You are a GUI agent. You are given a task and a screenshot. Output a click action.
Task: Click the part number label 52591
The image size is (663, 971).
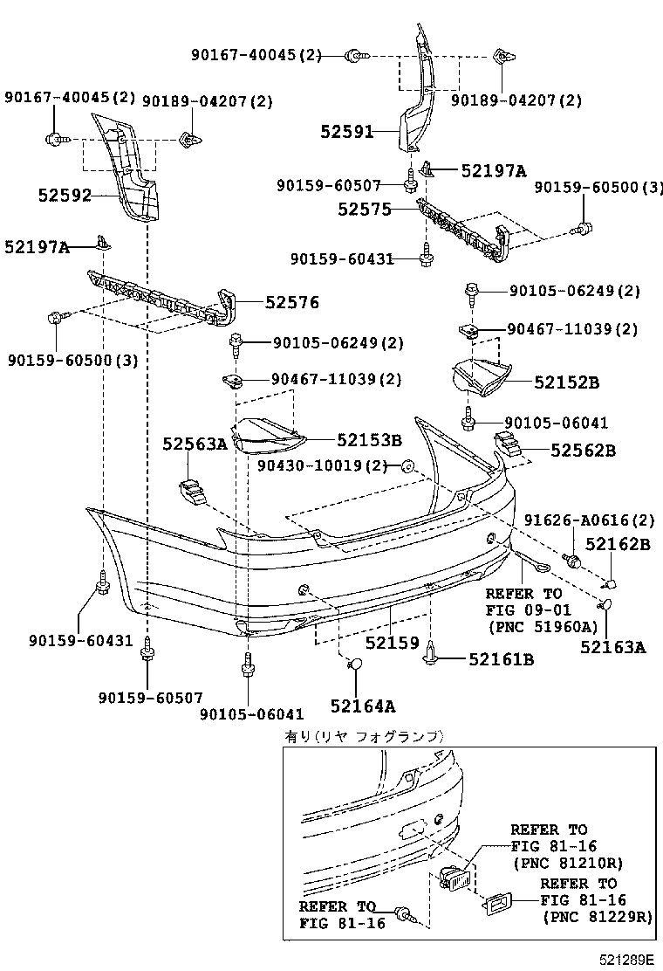click(346, 133)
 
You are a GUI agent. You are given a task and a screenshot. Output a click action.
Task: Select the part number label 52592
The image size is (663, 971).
click(65, 196)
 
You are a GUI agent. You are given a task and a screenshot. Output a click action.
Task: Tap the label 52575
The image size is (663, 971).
click(365, 210)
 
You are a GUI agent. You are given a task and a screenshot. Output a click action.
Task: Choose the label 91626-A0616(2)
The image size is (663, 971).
click(589, 520)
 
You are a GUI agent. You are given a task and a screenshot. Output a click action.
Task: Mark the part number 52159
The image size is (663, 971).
click(392, 643)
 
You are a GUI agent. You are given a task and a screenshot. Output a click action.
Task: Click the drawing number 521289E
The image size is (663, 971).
click(625, 960)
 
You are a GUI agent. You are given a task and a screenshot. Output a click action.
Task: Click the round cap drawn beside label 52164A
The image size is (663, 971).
click(353, 666)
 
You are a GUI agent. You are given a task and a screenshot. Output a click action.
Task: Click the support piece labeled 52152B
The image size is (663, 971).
click(478, 378)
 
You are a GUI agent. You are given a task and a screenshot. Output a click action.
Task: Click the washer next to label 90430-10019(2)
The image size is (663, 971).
click(407, 466)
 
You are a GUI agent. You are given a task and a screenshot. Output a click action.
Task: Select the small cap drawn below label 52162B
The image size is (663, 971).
click(612, 583)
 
